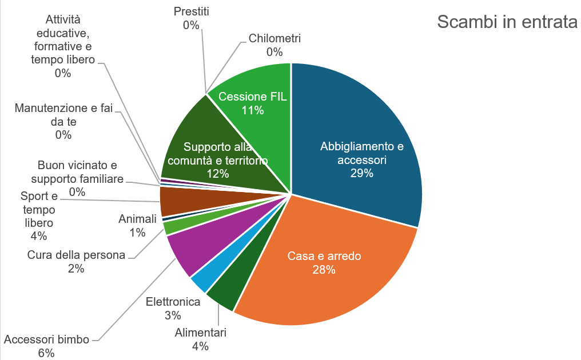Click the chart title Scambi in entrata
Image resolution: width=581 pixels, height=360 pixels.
tap(507, 22)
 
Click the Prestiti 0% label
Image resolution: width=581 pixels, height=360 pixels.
tap(191, 18)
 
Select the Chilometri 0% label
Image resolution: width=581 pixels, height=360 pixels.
tap(274, 45)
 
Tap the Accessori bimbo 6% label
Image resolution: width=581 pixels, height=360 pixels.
tap(46, 346)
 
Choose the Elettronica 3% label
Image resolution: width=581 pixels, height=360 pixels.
tap(173, 308)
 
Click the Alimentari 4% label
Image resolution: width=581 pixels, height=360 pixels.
tap(201, 339)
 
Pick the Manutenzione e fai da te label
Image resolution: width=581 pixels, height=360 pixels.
tap(63, 121)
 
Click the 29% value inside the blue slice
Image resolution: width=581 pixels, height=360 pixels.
tap(362, 173)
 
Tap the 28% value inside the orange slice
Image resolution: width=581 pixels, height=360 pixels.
tap(324, 270)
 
